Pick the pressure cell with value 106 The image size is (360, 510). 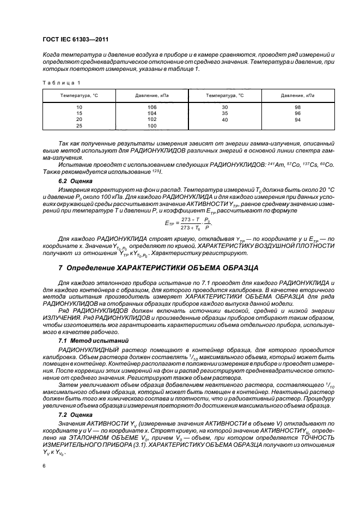(152, 107)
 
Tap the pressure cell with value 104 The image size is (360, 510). (152, 113)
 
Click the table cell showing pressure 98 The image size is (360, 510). (297, 107)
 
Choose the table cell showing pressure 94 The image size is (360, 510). (297, 119)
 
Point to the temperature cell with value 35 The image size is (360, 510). (225, 113)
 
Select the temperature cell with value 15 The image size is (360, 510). (79, 113)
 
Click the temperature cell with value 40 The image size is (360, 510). (225, 119)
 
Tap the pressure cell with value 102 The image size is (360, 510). (152, 119)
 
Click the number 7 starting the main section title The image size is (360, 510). (60, 268)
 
